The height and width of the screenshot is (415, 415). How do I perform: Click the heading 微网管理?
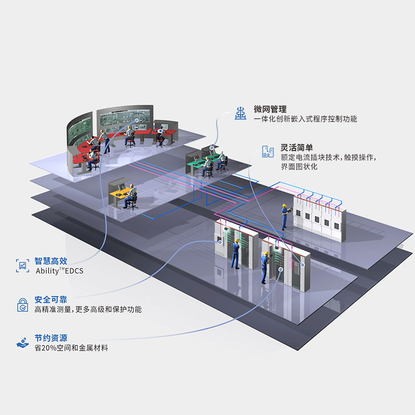pyautogui.click(x=270, y=109)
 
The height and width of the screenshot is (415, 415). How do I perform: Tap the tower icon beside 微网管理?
pyautogui.click(x=240, y=114)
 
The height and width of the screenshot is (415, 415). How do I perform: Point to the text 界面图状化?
pyautogui.click(x=299, y=167)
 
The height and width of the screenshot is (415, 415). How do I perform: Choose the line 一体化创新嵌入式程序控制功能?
pyautogui.click(x=306, y=119)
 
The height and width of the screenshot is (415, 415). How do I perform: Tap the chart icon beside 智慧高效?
pyautogui.click(x=22, y=266)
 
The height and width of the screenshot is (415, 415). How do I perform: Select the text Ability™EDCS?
pyautogui.click(x=59, y=271)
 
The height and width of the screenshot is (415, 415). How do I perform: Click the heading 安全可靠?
pyautogui.click(x=51, y=299)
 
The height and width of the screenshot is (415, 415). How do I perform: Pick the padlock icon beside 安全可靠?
pyautogui.click(x=22, y=305)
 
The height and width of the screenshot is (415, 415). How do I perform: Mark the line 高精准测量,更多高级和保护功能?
pyautogui.click(x=88, y=310)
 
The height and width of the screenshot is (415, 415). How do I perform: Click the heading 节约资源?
pyautogui.click(x=51, y=338)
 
